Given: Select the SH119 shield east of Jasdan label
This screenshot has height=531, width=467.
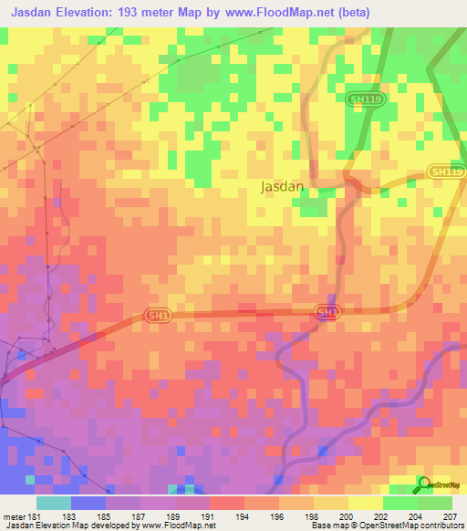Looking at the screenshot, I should click(446, 172).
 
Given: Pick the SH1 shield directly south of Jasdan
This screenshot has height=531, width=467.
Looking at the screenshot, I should click(326, 312).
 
